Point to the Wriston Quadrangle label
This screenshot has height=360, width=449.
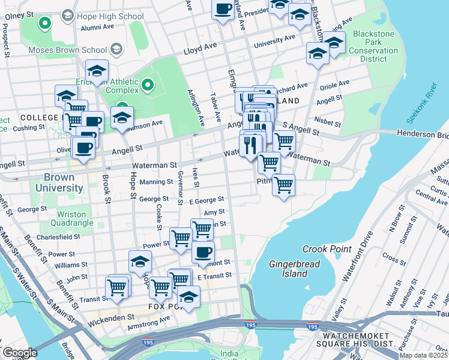tap(75, 218)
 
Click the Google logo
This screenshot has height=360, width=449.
tap(20, 352)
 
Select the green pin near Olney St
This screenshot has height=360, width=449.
tap(44, 23)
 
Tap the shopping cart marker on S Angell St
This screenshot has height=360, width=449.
tap(284, 142)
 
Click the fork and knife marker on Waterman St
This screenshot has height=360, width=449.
tap(250, 145)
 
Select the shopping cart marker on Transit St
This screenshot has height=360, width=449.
tap(118, 287)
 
